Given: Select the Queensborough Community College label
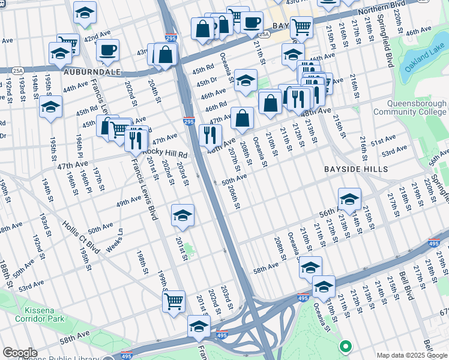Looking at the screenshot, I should point(410,107).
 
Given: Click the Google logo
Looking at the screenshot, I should point(20,353).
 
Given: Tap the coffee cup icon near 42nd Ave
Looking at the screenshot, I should point(107,50).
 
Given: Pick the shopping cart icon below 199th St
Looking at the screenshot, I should point(173,301).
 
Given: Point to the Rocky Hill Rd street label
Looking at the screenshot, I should point(164,154).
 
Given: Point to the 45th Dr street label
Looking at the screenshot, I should point(206,80).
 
